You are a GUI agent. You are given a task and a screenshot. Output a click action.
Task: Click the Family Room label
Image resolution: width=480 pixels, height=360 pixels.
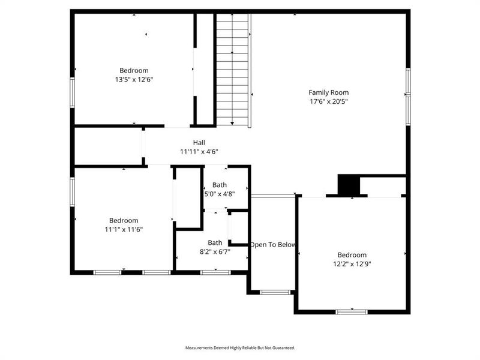point(328,92)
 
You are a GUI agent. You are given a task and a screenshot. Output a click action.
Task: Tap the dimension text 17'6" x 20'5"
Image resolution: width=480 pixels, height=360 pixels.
point(328,101)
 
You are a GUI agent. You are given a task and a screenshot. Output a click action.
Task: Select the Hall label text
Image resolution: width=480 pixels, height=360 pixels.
point(199,143)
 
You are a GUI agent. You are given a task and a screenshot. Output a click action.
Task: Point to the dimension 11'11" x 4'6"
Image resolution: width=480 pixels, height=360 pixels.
point(199,152)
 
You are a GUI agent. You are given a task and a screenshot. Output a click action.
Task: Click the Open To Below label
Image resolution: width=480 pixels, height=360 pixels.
point(273,244)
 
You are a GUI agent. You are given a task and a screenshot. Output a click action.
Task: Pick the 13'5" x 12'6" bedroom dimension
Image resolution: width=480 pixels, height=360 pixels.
point(134,79)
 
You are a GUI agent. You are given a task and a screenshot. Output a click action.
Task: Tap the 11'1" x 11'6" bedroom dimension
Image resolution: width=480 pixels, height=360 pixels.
point(124,229)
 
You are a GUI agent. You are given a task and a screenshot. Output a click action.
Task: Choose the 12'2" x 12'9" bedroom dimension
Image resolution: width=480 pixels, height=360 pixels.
point(352,263)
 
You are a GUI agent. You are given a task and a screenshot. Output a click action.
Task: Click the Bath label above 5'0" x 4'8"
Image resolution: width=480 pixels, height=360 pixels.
point(220,185)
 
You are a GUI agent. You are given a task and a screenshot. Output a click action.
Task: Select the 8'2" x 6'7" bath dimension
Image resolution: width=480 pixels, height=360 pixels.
point(215,251)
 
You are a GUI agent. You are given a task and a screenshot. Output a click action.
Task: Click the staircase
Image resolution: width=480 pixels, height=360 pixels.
point(233,69)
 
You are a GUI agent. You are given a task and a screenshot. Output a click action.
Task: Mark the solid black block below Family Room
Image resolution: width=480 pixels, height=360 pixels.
point(347,185)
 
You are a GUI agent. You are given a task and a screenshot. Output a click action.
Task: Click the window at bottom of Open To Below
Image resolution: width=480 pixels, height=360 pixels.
point(274,292)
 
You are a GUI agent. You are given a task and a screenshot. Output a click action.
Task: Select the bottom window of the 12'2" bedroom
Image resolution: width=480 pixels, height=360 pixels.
point(352,311)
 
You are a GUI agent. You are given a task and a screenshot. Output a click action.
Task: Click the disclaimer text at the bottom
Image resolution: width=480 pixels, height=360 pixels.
point(240,347)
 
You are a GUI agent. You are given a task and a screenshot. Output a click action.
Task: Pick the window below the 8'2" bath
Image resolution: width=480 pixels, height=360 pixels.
point(215,272)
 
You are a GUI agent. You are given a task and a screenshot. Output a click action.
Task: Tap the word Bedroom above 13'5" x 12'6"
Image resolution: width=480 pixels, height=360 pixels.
point(134,70)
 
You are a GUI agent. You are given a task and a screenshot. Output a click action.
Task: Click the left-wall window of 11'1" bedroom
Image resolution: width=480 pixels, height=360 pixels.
point(72,191)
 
